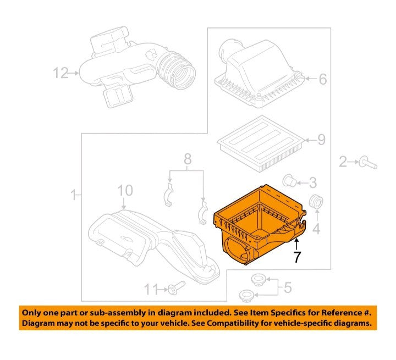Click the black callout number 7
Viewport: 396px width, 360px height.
[297, 257]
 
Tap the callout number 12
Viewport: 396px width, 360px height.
[61, 73]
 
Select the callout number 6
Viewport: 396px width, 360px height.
[323, 79]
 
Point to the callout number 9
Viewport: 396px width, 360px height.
[321, 140]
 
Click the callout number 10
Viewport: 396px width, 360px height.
[125, 190]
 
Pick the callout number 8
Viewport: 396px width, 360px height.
[188, 159]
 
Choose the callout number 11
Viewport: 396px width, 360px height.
[151, 289]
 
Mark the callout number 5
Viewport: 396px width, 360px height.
[288, 287]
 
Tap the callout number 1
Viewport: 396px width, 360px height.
[74, 195]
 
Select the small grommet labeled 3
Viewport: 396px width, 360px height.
[289, 181]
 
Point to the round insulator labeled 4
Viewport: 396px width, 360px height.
[316, 202]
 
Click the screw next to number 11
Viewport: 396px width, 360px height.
[177, 287]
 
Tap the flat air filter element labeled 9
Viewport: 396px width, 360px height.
[261, 144]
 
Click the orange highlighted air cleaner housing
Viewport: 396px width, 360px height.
[260, 224]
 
